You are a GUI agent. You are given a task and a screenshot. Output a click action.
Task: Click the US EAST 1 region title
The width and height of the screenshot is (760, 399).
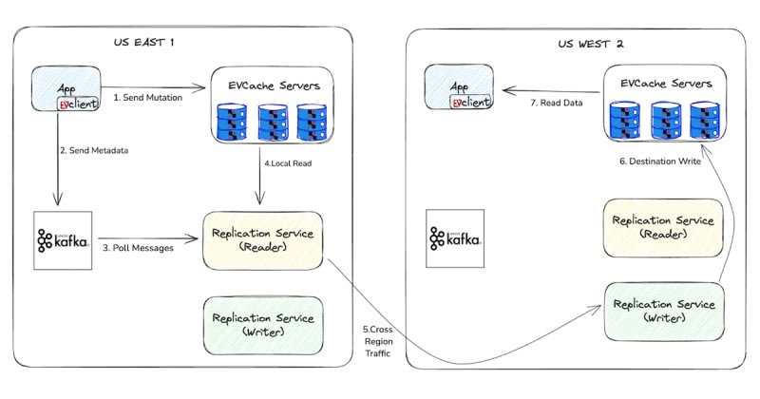(x=143, y=44)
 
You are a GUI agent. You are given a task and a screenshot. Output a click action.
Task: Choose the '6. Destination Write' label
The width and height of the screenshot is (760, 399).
(x=659, y=162)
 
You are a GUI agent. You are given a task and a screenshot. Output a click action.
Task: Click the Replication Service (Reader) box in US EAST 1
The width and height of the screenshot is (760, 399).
(x=263, y=242)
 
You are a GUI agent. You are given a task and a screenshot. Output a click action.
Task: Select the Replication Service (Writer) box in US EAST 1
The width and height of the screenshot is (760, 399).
(x=263, y=324)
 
